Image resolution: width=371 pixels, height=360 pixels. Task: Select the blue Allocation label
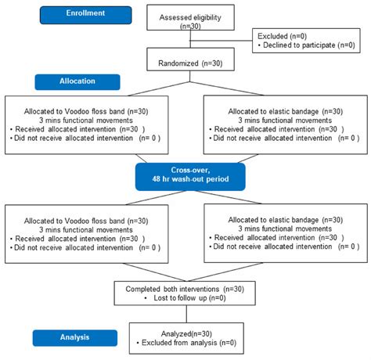coord(77,81)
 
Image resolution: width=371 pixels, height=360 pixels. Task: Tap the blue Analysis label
coord(76,338)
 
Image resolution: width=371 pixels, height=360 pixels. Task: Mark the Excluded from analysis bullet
coord(186,343)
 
